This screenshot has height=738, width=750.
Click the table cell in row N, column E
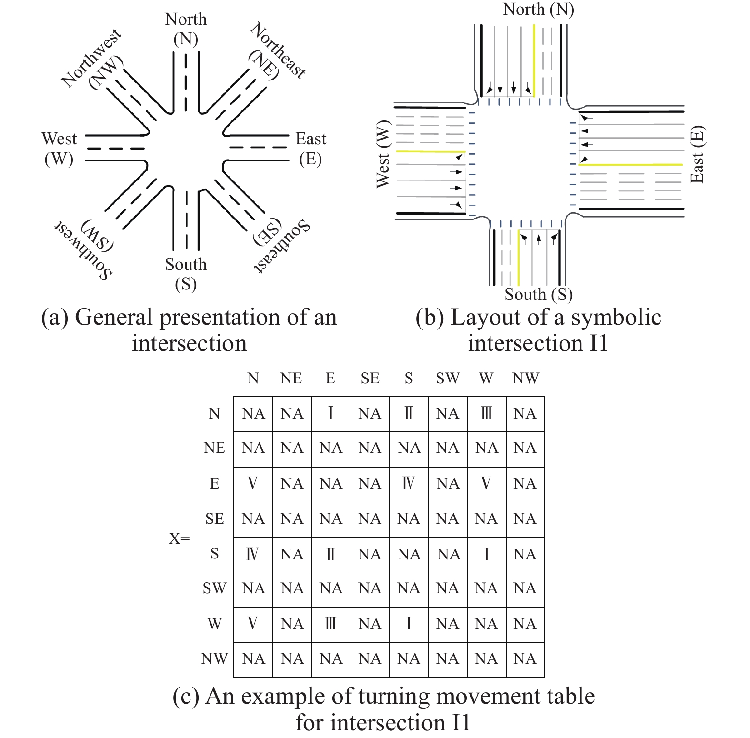click(x=331, y=414)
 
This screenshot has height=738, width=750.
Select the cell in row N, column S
click(x=409, y=414)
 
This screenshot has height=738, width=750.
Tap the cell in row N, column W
click(x=487, y=414)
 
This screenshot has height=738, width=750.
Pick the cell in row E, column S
click(x=409, y=484)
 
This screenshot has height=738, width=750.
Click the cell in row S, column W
click(x=487, y=555)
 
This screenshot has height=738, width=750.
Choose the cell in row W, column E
click(x=331, y=624)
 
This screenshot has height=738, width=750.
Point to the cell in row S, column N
click(x=253, y=555)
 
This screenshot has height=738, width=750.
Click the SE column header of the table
click(x=370, y=379)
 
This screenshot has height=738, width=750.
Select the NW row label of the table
click(x=214, y=659)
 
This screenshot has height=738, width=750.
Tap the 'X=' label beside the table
click(x=179, y=539)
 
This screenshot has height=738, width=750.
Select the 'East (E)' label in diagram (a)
click(x=311, y=149)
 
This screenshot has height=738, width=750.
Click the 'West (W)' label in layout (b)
click(x=383, y=154)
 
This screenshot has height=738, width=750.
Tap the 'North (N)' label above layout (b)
click(x=539, y=9)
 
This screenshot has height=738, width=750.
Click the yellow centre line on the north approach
click(x=534, y=60)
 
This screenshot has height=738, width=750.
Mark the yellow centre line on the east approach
click(x=631, y=165)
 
